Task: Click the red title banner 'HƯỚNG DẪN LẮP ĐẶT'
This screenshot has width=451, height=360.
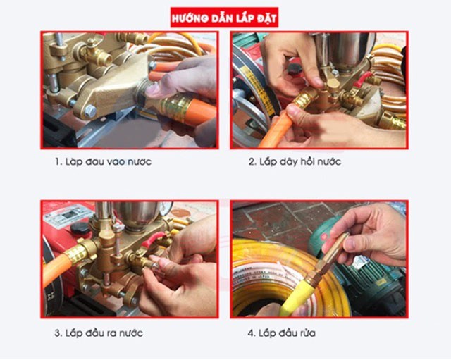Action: (224, 16)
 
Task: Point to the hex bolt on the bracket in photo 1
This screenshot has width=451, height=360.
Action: (89, 111)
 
